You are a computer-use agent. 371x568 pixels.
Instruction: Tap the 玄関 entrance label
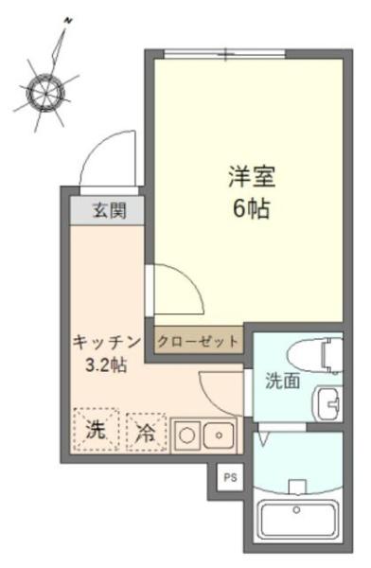point(106,211)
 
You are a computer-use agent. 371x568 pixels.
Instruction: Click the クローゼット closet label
point(198,341)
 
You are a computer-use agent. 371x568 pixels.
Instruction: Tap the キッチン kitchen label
point(106,342)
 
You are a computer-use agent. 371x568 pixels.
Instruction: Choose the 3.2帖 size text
point(106,364)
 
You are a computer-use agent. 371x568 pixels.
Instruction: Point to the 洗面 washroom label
point(281,382)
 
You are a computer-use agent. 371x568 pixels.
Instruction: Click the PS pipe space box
point(229,478)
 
